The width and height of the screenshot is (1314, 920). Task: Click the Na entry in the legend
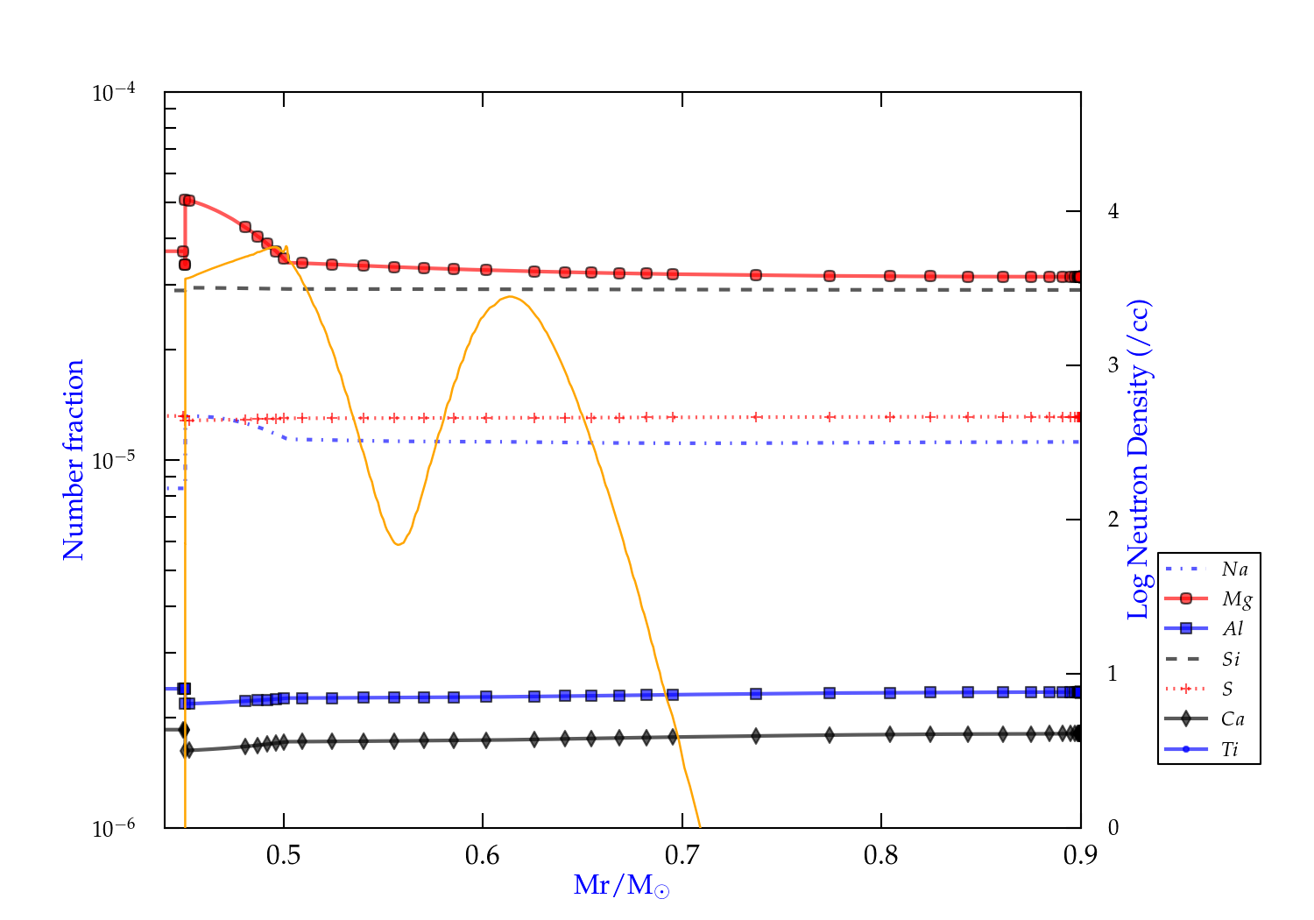click(1234, 570)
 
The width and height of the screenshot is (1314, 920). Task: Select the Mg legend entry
click(1236, 599)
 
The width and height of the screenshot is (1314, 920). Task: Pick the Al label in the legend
click(1233, 629)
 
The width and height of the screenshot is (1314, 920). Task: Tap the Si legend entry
click(1232, 659)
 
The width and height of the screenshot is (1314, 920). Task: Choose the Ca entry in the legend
click(1233, 719)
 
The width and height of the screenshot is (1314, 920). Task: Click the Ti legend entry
click(1230, 749)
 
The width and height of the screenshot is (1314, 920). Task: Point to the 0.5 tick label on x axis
click(283, 855)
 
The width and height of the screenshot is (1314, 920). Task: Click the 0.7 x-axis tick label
click(682, 855)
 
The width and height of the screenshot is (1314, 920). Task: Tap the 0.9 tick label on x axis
click(1080, 855)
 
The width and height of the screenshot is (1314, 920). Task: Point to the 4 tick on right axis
click(1113, 211)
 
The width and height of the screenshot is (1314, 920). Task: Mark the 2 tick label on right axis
click(1113, 520)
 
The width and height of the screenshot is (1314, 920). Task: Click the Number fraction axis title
click(74, 460)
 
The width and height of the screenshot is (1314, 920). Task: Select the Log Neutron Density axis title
click(1139, 460)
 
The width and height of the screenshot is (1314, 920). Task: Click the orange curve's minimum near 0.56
click(399, 544)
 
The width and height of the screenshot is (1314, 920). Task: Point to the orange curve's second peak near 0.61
click(510, 297)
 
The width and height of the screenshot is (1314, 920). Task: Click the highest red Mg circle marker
click(185, 200)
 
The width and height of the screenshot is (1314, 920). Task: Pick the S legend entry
click(1227, 690)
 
